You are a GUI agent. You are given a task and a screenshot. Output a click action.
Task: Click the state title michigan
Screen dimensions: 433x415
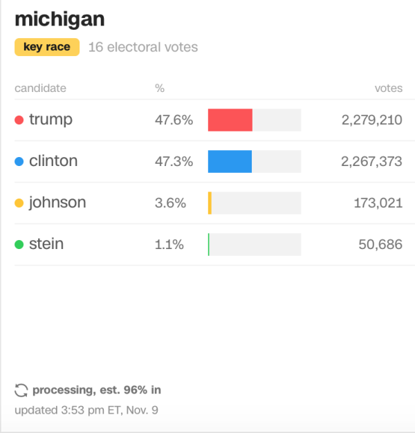(x=59, y=19)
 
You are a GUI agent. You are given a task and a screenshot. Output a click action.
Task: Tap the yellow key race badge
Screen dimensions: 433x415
(x=47, y=48)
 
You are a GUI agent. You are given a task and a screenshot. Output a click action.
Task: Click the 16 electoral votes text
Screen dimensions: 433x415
(x=143, y=48)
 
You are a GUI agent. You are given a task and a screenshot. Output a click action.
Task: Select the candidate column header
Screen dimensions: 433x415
(x=40, y=88)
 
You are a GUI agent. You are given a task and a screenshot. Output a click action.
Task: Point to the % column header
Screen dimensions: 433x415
(x=160, y=88)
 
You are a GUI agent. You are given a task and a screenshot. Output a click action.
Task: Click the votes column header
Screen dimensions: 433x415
(x=388, y=88)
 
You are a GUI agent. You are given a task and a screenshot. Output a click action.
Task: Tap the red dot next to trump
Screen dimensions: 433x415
(x=19, y=120)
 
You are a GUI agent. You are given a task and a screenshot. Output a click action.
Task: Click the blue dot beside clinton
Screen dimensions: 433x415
(x=19, y=161)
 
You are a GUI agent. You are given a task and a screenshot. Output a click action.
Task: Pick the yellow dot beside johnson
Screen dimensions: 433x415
(x=19, y=203)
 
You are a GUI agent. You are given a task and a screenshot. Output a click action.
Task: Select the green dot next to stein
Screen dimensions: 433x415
(x=19, y=244)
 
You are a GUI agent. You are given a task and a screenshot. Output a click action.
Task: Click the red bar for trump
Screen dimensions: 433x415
(x=230, y=120)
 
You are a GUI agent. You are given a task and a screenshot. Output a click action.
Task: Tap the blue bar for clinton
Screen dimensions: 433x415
(x=230, y=161)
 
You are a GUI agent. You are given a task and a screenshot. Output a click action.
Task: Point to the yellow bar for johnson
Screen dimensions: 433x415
(x=210, y=203)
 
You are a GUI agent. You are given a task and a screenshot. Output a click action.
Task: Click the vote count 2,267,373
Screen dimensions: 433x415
(x=371, y=161)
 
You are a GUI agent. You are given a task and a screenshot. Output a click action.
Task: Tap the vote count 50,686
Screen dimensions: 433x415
(x=380, y=244)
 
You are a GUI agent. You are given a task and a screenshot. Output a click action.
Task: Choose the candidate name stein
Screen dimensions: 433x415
(x=46, y=244)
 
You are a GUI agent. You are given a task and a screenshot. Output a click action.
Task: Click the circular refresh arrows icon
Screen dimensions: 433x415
(x=21, y=390)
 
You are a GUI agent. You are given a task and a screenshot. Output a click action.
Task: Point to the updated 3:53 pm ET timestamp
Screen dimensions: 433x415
(x=86, y=409)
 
